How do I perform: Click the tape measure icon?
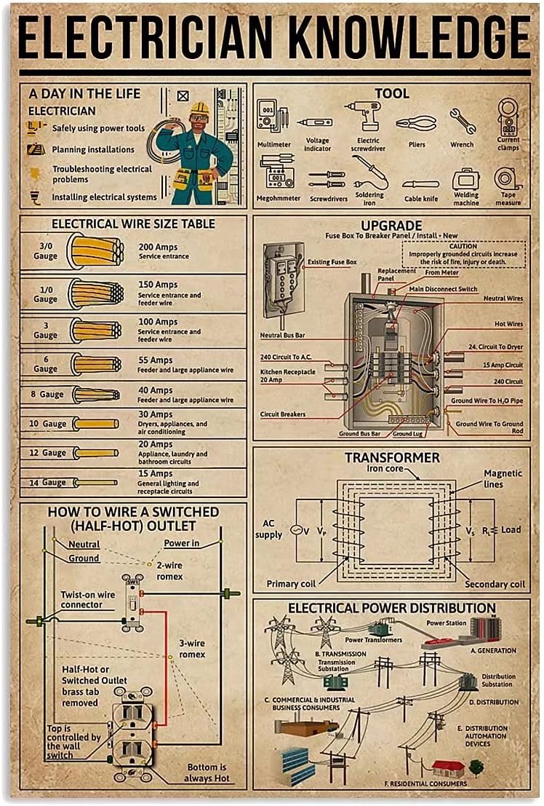coord(508,178)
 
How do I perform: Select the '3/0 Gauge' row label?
coord(45,251)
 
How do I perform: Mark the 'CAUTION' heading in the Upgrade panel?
coord(463,247)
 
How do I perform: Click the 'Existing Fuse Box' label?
coord(332,261)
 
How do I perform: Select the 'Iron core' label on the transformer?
coord(385,469)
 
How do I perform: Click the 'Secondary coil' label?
coord(495,584)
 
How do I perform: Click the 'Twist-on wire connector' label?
coord(87,600)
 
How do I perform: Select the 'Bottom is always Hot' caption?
coord(207,773)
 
